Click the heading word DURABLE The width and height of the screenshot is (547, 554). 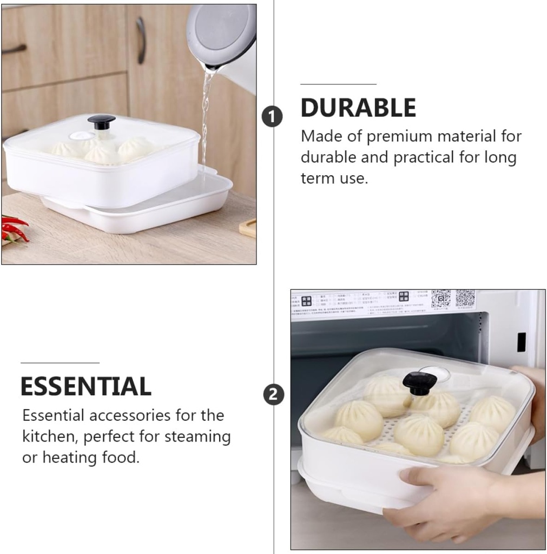pyautogui.click(x=358, y=108)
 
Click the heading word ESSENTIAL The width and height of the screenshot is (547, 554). pyautogui.click(x=85, y=387)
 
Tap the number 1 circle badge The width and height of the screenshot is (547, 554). pyautogui.click(x=272, y=116)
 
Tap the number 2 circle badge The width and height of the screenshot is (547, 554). pyautogui.click(x=273, y=394)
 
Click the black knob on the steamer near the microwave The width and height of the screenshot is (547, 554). pyautogui.click(x=419, y=382)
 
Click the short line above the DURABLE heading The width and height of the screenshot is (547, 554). pyautogui.click(x=338, y=84)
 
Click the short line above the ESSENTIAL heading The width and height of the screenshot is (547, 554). pyautogui.click(x=60, y=362)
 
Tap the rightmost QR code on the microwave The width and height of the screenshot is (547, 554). pyautogui.click(x=465, y=299)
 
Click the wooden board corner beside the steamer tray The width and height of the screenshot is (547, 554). pyautogui.click(x=248, y=227)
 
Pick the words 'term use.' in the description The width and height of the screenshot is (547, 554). pyautogui.click(x=334, y=179)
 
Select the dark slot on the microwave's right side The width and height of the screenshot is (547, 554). pyautogui.click(x=521, y=342)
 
